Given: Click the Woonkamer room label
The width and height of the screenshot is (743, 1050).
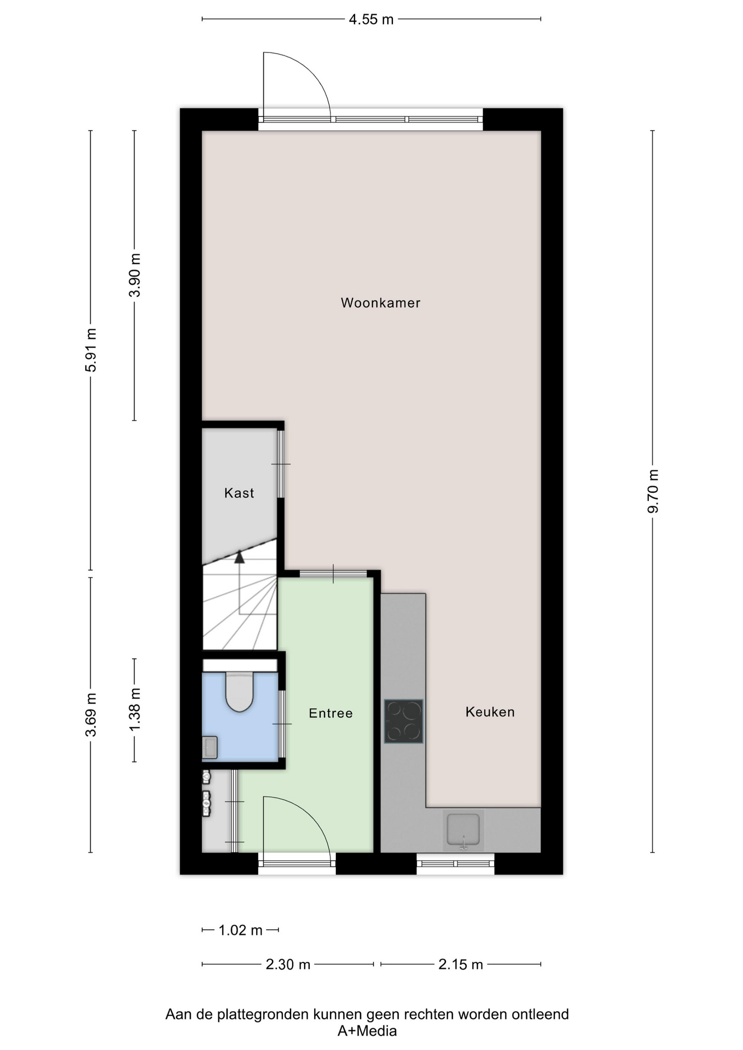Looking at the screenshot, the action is [x=380, y=303].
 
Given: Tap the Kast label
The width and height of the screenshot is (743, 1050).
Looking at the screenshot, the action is [x=239, y=493].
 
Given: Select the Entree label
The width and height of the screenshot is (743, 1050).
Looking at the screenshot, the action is [x=330, y=713].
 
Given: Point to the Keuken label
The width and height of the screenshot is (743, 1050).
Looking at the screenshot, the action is [x=490, y=712].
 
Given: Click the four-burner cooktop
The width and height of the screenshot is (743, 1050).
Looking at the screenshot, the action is [x=404, y=721].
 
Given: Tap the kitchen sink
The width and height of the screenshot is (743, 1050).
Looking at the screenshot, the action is [x=463, y=830].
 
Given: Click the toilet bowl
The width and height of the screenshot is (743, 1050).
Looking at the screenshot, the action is [x=240, y=692].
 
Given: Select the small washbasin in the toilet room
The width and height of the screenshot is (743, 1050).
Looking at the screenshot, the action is [x=210, y=748].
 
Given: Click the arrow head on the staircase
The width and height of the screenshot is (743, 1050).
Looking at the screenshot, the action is [x=239, y=557].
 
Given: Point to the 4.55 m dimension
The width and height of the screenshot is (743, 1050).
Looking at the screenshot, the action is [x=372, y=20].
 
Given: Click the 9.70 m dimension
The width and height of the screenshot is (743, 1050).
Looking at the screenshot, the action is [x=653, y=491].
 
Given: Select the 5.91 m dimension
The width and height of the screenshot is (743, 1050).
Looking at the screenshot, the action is [x=91, y=350].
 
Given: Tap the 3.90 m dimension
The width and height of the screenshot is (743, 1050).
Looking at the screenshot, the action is [x=135, y=275].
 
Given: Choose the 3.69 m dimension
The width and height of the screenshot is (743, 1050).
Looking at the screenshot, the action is [x=91, y=715].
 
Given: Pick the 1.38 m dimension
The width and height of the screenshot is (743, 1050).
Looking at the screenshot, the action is [x=135, y=709].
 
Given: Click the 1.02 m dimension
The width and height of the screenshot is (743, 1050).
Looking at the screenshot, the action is [x=241, y=930].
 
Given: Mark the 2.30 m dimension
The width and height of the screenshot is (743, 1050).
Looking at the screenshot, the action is [x=288, y=964].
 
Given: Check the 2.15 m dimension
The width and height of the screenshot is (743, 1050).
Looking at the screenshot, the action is [x=461, y=964].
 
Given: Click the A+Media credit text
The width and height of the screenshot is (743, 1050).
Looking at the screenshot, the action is [x=367, y=1031].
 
